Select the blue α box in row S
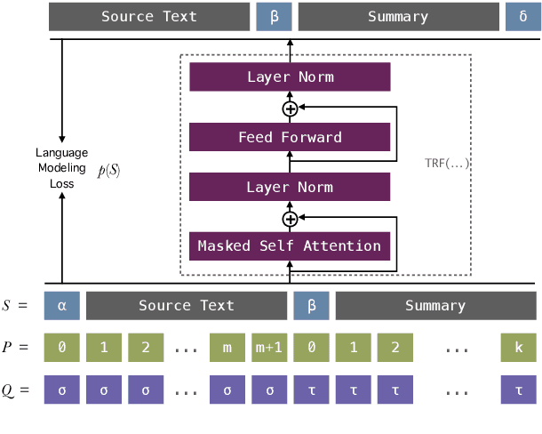pos(61,305)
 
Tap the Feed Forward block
pos(290,137)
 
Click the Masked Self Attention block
pos(290,245)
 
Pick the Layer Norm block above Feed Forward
pos(290,77)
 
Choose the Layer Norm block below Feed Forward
pos(290,187)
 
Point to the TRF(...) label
pos(447,165)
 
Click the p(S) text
pos(108,169)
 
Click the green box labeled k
pos(519,348)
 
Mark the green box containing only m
pos(227,348)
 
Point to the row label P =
pos(17,348)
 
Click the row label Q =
pos(17,390)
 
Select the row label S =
pos(17,305)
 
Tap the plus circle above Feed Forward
pos(290,108)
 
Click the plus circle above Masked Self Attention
pos(290,218)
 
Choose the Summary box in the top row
pos(397,17)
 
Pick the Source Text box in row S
pos(186,305)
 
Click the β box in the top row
pos(274,17)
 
